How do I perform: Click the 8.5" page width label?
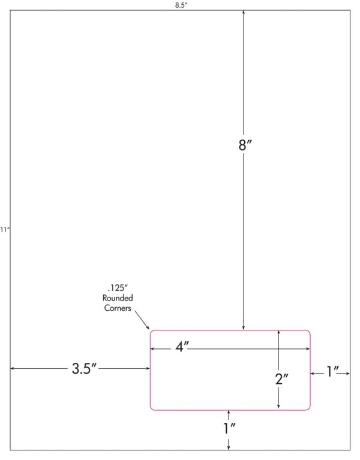[181, 5]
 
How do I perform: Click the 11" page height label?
[5, 230]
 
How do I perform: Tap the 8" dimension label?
[245, 145]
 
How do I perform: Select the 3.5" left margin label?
[84, 368]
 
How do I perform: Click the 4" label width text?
[182, 347]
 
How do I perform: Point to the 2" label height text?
[281, 379]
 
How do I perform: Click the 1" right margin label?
[332, 371]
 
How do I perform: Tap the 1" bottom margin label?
[229, 428]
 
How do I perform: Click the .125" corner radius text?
[118, 288]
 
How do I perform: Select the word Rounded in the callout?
[118, 298]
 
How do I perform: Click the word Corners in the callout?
[118, 308]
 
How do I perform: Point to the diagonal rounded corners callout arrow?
[142, 320]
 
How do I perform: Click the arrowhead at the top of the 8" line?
[243, 13]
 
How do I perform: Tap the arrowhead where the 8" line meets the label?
[243, 327]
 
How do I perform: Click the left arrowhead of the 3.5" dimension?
[13, 368]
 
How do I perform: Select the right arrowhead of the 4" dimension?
[308, 349]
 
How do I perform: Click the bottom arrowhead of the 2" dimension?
[278, 406]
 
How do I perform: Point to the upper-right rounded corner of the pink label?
[309, 332]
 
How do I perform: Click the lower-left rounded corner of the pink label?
[152, 408]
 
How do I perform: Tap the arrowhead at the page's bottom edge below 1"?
[229, 447]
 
